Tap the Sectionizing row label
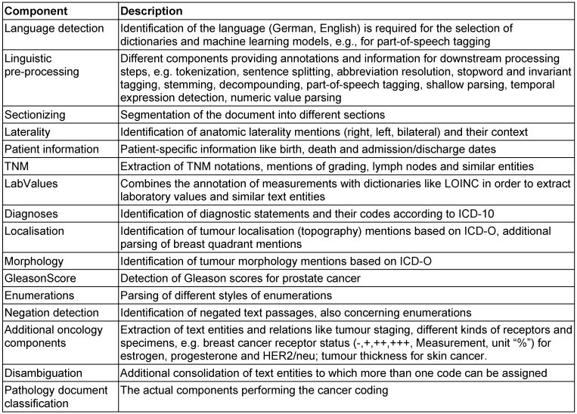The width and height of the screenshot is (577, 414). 35,114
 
